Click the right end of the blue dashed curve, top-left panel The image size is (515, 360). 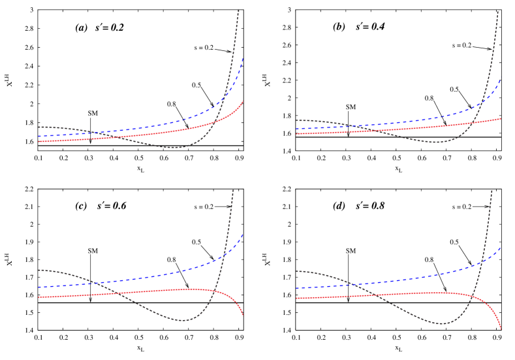point(243,59)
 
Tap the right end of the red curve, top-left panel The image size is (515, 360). point(244,101)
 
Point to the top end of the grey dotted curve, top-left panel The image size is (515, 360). point(238,10)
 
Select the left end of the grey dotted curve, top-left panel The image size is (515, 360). point(39,127)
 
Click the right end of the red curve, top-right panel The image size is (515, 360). point(501,118)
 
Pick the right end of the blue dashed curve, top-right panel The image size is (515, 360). point(501,80)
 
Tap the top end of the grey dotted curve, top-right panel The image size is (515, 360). point(497,10)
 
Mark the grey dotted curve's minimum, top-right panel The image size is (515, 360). point(441,142)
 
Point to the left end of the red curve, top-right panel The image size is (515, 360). point(296,134)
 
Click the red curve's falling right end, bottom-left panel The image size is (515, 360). point(244,316)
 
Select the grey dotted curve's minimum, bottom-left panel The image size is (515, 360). point(183,320)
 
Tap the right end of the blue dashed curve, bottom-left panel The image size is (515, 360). point(243,233)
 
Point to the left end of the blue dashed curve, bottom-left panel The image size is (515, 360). point(39,287)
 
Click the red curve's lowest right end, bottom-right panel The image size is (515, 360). point(501,329)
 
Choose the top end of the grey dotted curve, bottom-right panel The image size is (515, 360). point(492,190)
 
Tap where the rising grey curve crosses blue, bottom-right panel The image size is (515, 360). point(482,261)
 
